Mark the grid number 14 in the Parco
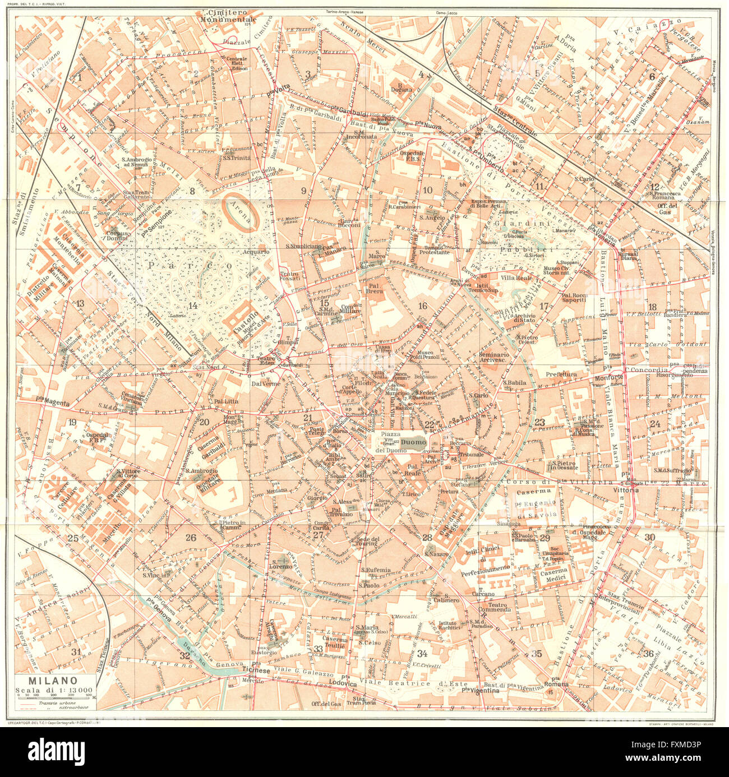193,306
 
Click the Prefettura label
561,374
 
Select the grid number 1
80,77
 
